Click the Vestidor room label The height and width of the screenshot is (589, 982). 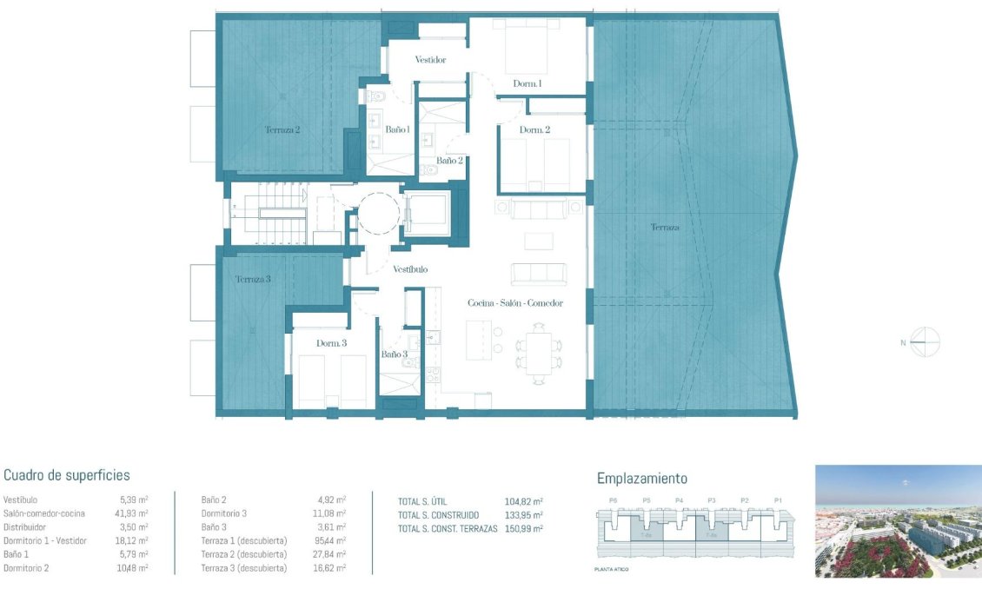click(430, 60)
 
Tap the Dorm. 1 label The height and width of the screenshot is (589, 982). click(527, 83)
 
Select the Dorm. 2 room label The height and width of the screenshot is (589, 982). click(534, 129)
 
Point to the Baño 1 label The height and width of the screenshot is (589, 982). click(397, 129)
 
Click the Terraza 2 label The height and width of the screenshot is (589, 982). click(282, 129)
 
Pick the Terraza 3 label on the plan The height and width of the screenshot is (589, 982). click(253, 280)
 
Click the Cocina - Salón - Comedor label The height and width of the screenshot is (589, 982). click(515, 303)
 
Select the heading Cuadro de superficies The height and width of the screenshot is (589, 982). click(67, 475)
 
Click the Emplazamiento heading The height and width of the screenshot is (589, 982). click(642, 479)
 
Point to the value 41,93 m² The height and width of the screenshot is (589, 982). click(134, 513)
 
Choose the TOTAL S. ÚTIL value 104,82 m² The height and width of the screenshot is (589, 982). click(523, 501)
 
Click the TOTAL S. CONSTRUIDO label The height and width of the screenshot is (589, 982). click(440, 514)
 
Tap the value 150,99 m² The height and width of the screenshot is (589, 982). click(523, 528)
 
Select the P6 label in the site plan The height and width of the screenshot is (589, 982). click(614, 500)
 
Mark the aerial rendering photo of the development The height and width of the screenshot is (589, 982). click(898, 521)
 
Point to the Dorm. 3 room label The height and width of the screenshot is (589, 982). click(331, 343)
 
